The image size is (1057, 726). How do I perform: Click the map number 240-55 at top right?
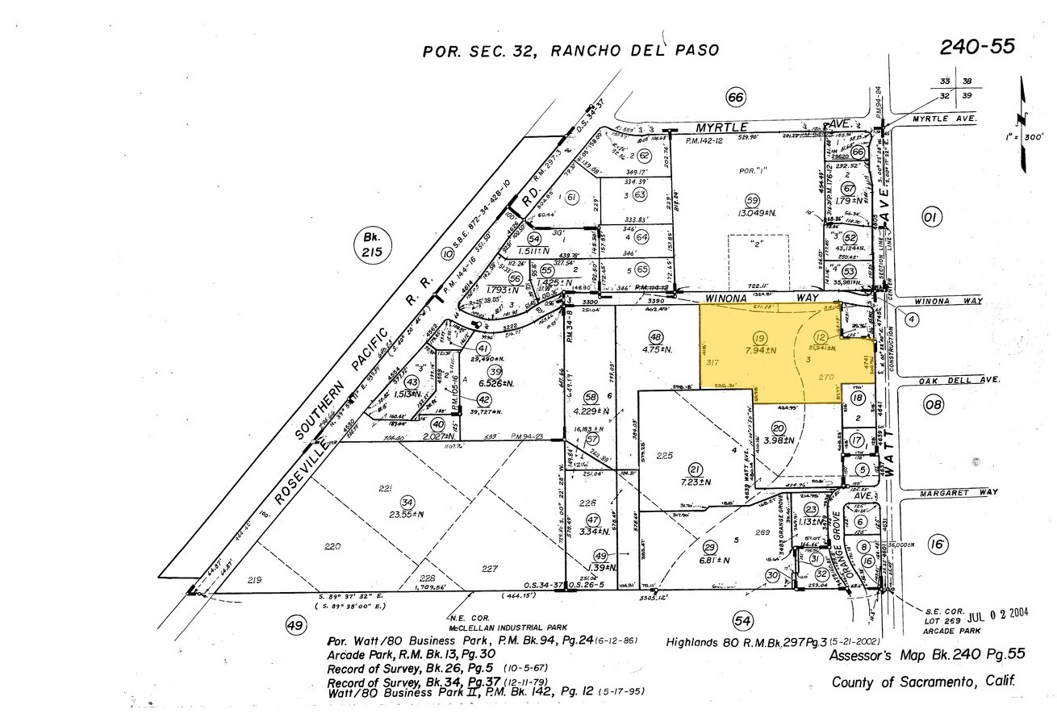(x=977, y=47)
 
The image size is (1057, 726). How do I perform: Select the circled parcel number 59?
(x=752, y=200)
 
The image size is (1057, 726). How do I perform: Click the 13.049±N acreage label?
(x=752, y=213)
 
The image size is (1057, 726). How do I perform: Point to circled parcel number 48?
(x=655, y=336)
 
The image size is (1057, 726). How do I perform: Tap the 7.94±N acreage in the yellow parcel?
(x=759, y=350)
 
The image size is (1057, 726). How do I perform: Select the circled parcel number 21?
(x=694, y=469)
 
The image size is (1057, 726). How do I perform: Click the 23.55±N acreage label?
(x=407, y=513)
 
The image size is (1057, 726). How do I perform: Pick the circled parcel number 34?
(x=407, y=500)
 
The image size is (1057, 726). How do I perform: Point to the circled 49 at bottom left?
(x=295, y=625)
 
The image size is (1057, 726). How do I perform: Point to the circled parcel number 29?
(x=710, y=546)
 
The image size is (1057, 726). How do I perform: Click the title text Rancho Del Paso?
(x=634, y=51)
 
